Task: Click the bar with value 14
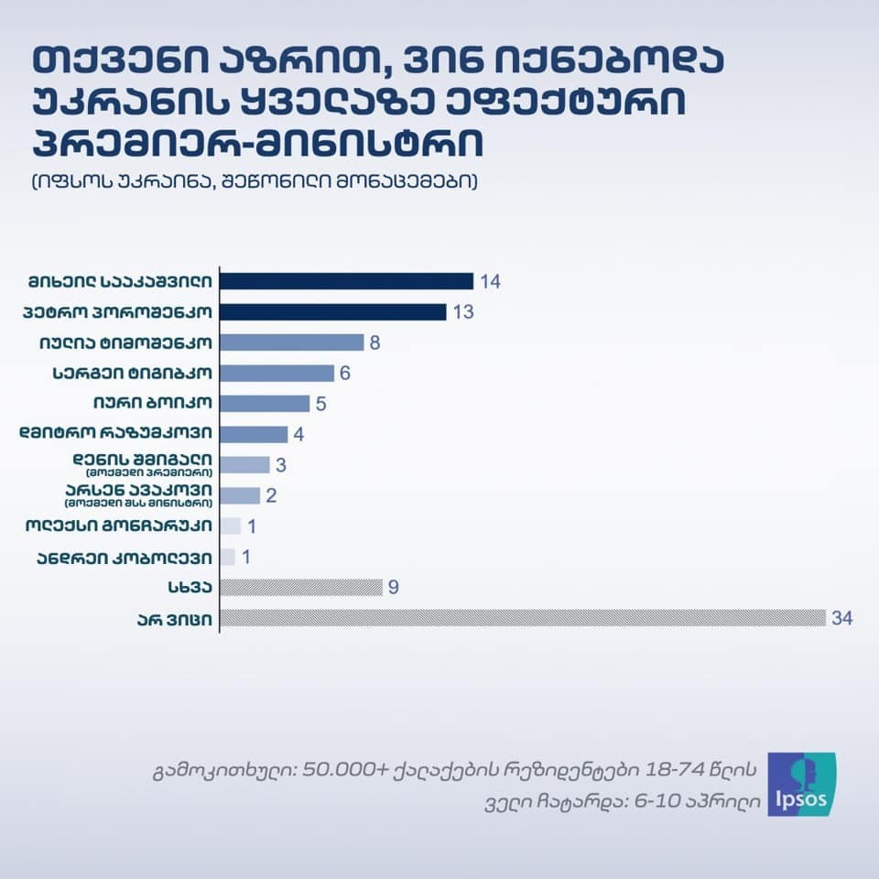[346, 281]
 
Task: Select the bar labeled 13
[333, 311]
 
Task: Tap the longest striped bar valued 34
[522, 618]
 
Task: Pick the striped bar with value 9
[300, 588]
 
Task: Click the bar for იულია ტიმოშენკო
[293, 342]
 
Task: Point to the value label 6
[345, 374]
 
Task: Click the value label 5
[321, 404]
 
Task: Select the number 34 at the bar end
[842, 619]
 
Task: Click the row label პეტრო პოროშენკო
[119, 312]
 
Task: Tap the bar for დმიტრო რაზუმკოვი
[254, 434]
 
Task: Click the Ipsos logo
[800, 784]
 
